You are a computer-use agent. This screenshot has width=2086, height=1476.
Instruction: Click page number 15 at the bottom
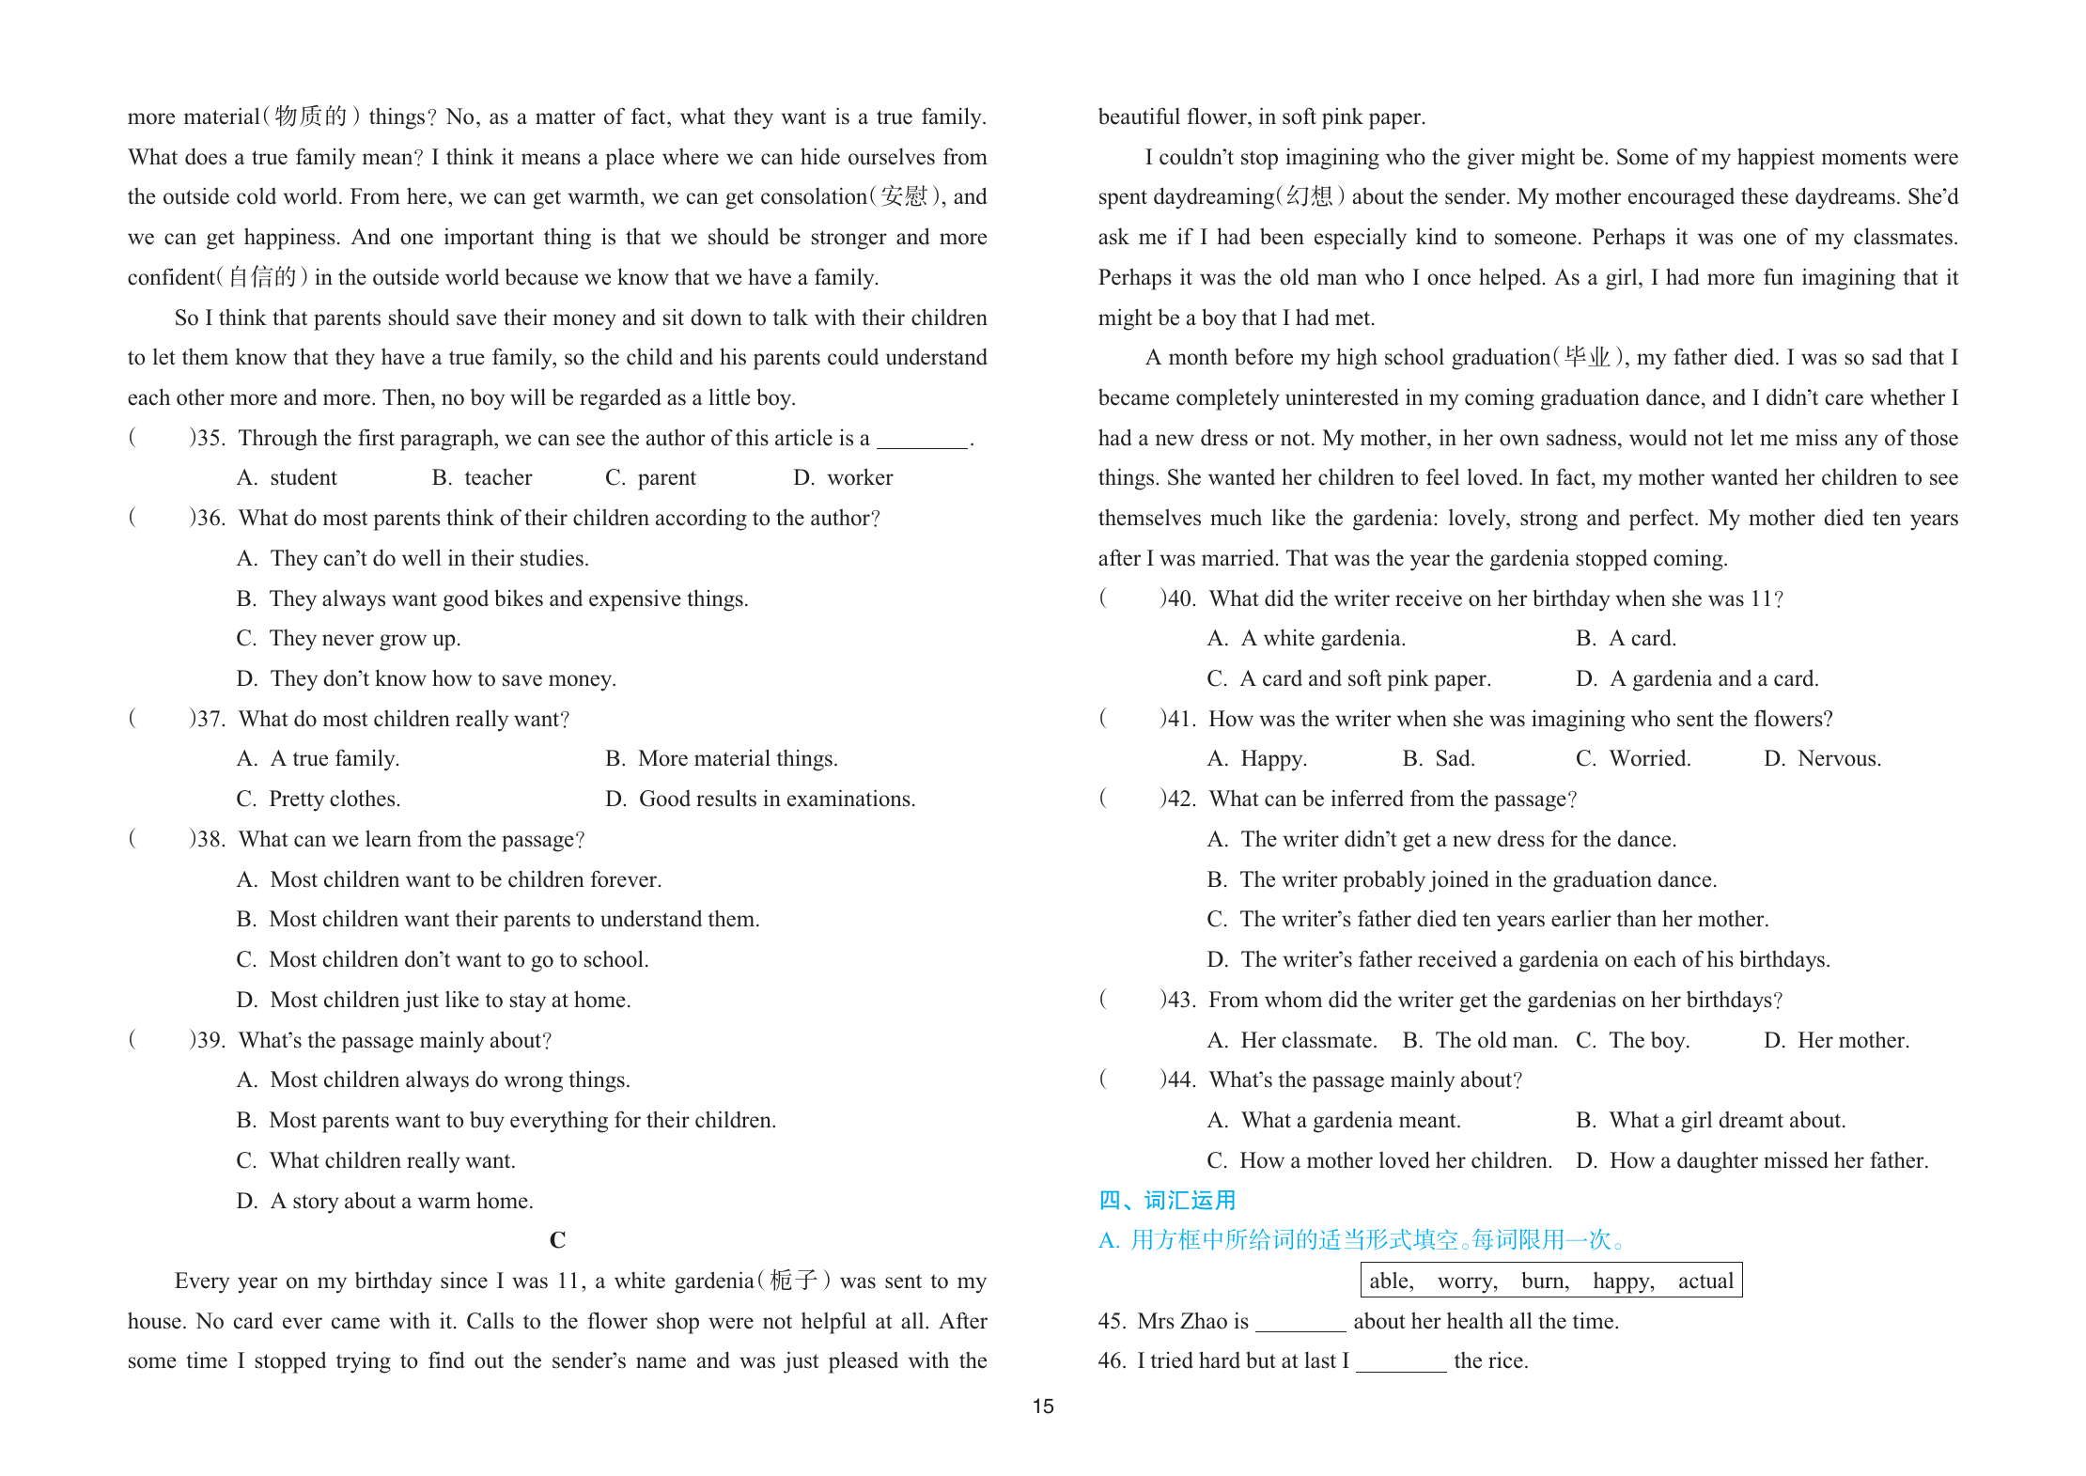tap(1043, 1406)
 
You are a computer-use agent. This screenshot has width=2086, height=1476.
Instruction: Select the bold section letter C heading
tap(557, 1240)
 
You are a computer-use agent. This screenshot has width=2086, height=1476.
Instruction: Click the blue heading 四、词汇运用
tap(1167, 1200)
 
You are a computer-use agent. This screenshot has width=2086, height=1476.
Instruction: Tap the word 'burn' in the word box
tap(1545, 1281)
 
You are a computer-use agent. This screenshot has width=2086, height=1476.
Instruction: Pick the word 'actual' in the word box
tap(1705, 1281)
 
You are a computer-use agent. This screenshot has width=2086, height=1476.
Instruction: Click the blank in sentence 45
tap(1300, 1323)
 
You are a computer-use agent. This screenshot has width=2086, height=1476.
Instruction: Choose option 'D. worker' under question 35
tap(843, 477)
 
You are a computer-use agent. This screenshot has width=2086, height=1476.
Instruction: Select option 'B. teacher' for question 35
tap(482, 477)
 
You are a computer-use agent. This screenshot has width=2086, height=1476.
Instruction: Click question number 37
tap(209, 719)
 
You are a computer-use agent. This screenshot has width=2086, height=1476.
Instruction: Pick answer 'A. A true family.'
tap(319, 758)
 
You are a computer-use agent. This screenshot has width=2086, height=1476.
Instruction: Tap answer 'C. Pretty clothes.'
tap(319, 799)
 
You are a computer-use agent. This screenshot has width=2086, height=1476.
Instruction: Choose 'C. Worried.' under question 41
tap(1633, 758)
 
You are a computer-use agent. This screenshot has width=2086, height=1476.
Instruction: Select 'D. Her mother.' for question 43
tap(1836, 1040)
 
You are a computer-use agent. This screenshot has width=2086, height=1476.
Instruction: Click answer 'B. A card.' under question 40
tap(1626, 638)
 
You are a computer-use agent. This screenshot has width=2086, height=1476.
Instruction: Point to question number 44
tap(1179, 1080)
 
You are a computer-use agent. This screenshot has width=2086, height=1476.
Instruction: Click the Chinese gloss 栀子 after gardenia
tap(793, 1281)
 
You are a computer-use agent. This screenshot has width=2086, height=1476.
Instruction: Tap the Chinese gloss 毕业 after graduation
tap(1587, 357)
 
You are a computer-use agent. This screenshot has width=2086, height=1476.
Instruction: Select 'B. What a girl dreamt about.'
tap(1710, 1120)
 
